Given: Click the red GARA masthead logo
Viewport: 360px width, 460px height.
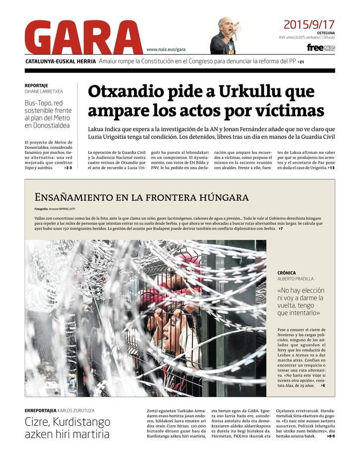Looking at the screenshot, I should tap(83, 38).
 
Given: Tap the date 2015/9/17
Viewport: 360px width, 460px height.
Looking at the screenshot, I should tap(309, 24).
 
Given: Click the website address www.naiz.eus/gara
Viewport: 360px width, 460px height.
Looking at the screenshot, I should tap(166, 49).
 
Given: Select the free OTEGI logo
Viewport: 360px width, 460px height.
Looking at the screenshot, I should tap(321, 48).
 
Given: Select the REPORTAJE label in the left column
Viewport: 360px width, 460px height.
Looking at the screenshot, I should tap(36, 85).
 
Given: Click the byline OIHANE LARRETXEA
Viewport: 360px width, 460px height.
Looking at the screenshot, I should tap(44, 91).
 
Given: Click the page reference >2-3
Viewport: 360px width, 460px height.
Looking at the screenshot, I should tap(68, 168).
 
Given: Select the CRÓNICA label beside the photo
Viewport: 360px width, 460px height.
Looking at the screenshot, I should tap(287, 273).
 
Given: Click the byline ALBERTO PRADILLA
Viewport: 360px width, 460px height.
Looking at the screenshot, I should tap(296, 279).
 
